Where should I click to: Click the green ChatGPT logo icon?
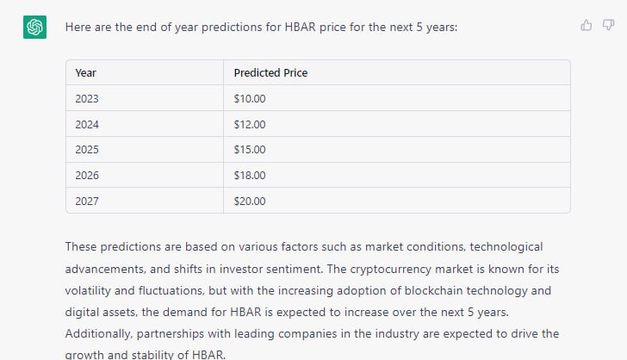click(x=34, y=27)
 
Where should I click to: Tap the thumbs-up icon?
click(x=587, y=25)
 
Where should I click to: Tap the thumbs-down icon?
click(x=608, y=25)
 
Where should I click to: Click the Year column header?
click(x=85, y=73)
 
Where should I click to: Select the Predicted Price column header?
click(x=270, y=73)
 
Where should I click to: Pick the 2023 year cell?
click(x=87, y=98)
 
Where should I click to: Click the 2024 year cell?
click(x=87, y=124)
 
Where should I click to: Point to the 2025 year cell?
click(x=87, y=150)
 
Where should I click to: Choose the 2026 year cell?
click(x=87, y=175)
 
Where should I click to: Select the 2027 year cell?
click(x=87, y=201)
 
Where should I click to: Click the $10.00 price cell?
click(x=250, y=98)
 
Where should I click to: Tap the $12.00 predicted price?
click(x=250, y=124)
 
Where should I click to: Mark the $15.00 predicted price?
click(x=250, y=150)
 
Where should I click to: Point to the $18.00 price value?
click(x=250, y=175)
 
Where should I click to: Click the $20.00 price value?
click(x=250, y=201)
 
